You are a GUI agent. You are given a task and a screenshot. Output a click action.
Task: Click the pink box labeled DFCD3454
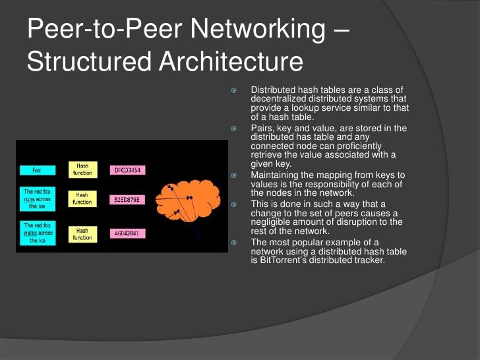(125, 170)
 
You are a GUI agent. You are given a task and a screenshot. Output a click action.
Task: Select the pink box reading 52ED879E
(125, 198)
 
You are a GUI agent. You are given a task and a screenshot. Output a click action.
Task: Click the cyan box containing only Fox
(36, 170)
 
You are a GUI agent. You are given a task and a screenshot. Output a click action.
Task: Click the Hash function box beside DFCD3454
(82, 169)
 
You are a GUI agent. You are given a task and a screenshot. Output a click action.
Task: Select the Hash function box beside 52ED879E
(82, 198)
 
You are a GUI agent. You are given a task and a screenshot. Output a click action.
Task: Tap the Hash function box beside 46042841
(82, 233)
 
